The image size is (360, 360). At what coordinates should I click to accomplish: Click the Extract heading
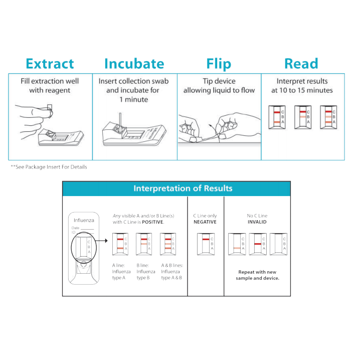(50, 64)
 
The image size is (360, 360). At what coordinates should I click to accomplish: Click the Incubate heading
(134, 64)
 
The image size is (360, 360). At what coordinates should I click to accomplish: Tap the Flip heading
(219, 64)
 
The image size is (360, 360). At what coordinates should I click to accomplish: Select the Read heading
(301, 64)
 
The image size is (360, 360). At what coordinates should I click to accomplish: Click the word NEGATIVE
(205, 222)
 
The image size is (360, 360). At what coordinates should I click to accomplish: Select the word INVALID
(257, 222)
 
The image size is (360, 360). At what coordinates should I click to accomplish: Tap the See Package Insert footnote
(49, 167)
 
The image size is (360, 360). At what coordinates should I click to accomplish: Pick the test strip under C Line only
(206, 244)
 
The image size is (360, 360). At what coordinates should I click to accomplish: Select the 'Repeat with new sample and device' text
(257, 275)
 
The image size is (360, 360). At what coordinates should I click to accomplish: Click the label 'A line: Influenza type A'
(121, 271)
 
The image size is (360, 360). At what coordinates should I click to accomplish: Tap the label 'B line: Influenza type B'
(145, 271)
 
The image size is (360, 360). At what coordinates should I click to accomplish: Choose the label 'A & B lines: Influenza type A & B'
(171, 271)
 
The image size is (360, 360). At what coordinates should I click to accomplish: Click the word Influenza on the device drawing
(84, 220)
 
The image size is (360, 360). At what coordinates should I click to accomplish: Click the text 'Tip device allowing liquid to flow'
(219, 86)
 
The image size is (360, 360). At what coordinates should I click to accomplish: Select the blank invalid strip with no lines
(279, 244)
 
